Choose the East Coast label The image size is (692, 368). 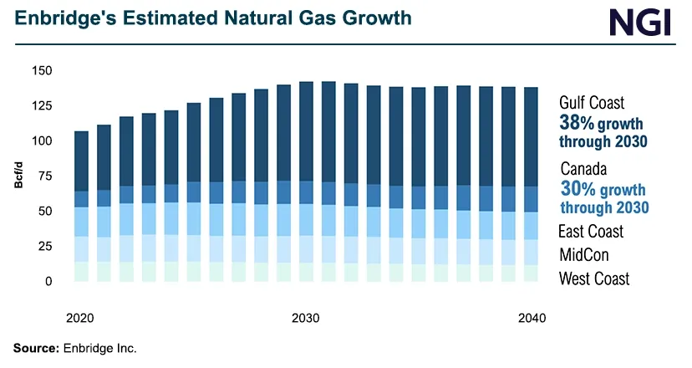coord(592,232)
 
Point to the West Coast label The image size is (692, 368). coord(594,279)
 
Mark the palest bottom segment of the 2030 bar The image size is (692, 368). coord(306,272)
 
